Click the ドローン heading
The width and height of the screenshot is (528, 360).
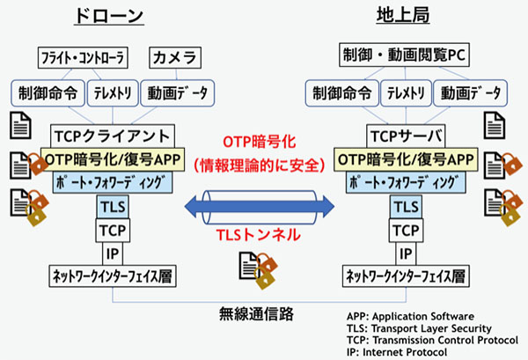[109, 16]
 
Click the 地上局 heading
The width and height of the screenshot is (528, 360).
[403, 16]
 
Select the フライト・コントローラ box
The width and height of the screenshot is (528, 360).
[83, 57]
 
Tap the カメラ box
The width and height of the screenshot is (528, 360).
[175, 57]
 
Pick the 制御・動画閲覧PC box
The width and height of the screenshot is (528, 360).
[404, 55]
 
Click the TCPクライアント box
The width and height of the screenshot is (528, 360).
[113, 136]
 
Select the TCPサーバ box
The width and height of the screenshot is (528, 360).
[406, 136]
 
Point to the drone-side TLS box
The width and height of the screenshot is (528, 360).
[113, 207]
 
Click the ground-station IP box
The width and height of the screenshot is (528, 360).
[406, 253]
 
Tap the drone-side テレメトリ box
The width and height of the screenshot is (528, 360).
[113, 93]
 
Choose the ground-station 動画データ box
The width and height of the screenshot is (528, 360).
[471, 93]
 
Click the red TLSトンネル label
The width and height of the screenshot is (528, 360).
[258, 235]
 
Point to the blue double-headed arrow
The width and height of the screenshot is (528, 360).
[260, 207]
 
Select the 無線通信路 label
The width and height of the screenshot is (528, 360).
[256, 314]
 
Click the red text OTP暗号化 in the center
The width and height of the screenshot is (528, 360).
[260, 142]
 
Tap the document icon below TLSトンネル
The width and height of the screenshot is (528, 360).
[258, 270]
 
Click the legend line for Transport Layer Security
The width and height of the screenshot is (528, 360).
[419, 328]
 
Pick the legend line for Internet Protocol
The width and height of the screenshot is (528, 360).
[397, 352]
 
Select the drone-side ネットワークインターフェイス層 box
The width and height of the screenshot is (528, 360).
[113, 276]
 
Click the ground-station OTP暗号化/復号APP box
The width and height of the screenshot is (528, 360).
[406, 159]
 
